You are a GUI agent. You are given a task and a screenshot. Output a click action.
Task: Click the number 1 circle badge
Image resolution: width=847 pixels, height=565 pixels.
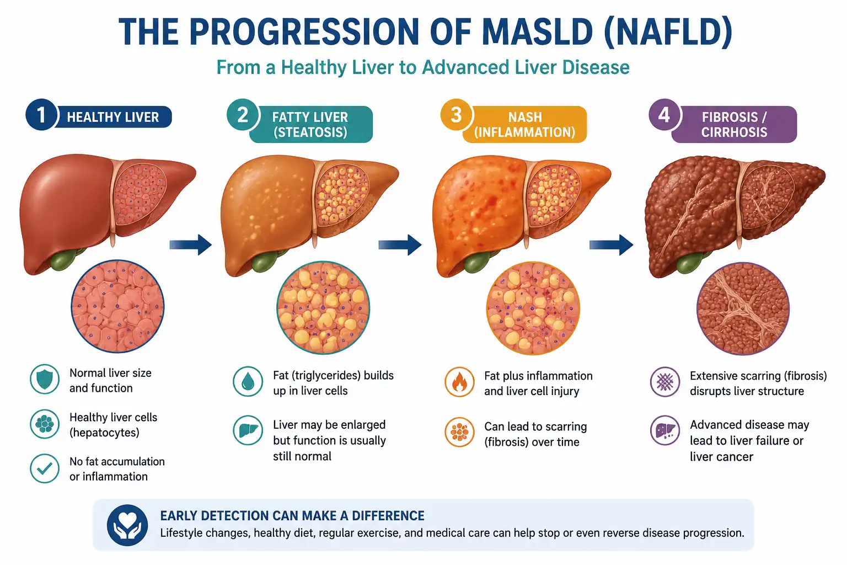[x=41, y=115]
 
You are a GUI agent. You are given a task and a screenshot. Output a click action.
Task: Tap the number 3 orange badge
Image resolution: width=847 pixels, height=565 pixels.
[x=457, y=115]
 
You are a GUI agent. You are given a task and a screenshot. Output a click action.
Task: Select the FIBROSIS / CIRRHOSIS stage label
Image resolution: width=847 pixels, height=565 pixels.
[x=734, y=125]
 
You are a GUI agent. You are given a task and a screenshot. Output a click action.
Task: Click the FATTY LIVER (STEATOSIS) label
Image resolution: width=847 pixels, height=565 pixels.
[x=310, y=125]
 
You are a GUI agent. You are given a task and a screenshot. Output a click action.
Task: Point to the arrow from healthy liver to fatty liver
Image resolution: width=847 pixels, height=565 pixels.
[x=190, y=244]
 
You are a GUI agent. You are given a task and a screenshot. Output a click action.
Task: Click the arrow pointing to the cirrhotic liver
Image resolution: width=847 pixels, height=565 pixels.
[x=611, y=244]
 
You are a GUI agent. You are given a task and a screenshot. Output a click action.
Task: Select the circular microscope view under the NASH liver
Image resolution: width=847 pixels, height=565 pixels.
[x=533, y=308]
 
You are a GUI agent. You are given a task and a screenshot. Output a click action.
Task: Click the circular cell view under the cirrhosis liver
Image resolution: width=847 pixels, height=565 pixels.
[x=743, y=308]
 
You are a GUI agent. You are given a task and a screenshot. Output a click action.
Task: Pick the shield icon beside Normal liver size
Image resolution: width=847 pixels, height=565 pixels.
[x=45, y=380]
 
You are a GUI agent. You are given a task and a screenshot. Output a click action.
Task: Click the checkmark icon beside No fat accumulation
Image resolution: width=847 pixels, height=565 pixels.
[x=45, y=468]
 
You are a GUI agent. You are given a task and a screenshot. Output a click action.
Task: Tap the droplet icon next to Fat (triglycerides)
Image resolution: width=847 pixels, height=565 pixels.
[x=248, y=381]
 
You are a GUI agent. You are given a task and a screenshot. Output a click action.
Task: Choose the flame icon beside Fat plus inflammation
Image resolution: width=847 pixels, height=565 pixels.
[x=459, y=382]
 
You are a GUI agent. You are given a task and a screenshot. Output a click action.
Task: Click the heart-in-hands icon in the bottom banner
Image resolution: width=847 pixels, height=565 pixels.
[x=127, y=525]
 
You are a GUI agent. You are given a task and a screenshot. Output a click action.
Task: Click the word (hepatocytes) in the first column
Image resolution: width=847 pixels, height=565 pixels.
[x=104, y=433]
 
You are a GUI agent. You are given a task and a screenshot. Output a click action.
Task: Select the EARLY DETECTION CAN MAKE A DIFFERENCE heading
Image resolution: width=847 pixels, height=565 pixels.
[x=292, y=515]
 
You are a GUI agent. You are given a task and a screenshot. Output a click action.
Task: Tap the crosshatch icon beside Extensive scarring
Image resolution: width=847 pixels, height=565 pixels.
[x=665, y=382]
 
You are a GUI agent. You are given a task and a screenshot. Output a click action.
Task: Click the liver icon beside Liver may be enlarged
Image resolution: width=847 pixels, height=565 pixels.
[x=248, y=430]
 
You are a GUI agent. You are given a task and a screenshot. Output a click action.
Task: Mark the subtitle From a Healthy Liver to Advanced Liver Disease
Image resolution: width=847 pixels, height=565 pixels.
[x=423, y=67]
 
